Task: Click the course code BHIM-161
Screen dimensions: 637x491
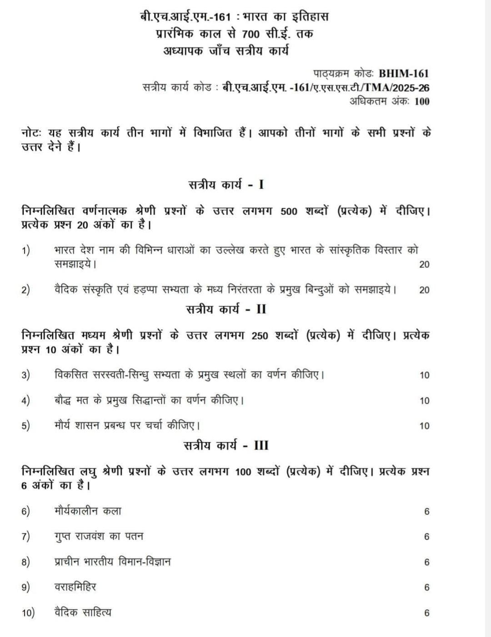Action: pyautogui.click(x=404, y=74)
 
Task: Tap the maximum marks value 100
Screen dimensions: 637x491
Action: pyautogui.click(x=422, y=101)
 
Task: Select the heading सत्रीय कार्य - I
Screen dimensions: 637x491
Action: pyautogui.click(x=226, y=185)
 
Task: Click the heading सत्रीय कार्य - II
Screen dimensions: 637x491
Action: pyautogui.click(x=226, y=309)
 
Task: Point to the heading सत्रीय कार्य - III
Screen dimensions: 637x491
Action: pyautogui.click(x=226, y=445)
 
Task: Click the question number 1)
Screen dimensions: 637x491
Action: pyautogui.click(x=26, y=250)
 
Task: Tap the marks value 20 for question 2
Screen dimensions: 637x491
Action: pyautogui.click(x=424, y=290)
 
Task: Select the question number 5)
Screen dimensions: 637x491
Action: pyautogui.click(x=26, y=426)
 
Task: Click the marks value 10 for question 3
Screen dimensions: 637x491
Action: pyautogui.click(x=424, y=375)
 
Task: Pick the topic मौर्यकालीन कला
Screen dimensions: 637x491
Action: pyautogui.click(x=88, y=511)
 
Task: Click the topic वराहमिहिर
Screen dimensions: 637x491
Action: pyautogui.click(x=75, y=587)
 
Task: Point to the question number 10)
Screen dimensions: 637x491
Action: pyautogui.click(x=28, y=613)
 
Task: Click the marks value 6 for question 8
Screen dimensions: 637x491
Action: pyautogui.click(x=426, y=562)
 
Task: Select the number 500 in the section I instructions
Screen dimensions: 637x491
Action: pyautogui.click(x=289, y=212)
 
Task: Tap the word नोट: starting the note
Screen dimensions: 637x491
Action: pyautogui.click(x=32, y=133)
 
